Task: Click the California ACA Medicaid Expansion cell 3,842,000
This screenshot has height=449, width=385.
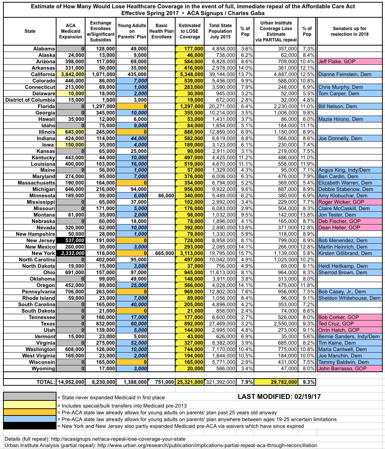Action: (x=71, y=74)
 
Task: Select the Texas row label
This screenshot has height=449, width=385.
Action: (x=46, y=324)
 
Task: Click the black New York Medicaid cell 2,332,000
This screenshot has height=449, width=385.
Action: (x=71, y=253)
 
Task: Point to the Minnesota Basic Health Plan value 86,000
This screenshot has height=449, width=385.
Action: (x=162, y=195)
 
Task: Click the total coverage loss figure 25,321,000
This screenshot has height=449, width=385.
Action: (x=190, y=382)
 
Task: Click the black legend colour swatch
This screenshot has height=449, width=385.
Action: (x=29, y=426)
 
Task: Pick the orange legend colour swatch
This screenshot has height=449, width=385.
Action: (x=29, y=412)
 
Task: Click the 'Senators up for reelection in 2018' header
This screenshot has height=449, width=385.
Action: (x=350, y=31)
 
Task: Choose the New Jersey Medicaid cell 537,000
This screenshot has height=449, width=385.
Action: (x=71, y=240)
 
